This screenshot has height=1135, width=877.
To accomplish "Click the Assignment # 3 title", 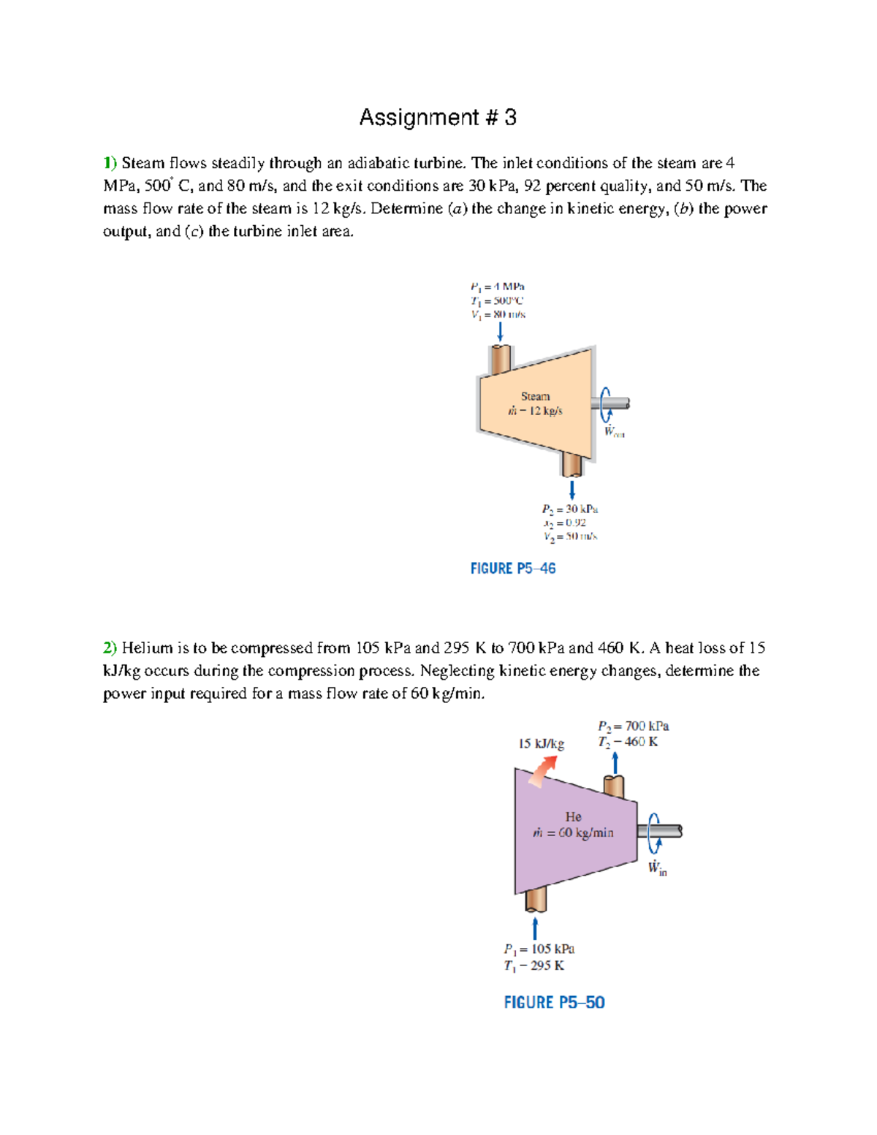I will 438,118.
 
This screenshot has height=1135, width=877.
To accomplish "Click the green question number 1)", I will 110,163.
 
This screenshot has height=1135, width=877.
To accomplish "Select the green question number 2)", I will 110,648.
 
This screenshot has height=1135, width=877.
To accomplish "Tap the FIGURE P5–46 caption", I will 513,569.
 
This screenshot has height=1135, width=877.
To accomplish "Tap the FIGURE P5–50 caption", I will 554,1002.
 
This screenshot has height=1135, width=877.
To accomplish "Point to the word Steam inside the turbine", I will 535,396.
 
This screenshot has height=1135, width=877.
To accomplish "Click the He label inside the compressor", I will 573,816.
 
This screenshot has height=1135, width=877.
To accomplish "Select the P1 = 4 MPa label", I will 498,286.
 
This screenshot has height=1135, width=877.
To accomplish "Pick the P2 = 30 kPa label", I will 570,509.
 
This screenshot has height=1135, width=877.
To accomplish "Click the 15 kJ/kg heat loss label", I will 541,743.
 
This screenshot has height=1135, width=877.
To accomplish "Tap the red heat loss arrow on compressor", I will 542,771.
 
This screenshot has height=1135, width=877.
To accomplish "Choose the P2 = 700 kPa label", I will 633,726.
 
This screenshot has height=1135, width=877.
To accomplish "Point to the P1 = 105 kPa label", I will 539,949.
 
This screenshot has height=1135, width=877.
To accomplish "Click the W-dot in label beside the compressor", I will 657,868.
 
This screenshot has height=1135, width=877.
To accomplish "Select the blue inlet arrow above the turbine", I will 500,332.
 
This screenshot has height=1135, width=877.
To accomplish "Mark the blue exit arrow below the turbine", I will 572,488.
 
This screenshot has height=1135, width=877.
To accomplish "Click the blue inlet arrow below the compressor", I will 535,928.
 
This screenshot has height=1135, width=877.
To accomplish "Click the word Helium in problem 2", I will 147,648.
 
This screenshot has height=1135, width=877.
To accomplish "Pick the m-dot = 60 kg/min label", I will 573,832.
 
